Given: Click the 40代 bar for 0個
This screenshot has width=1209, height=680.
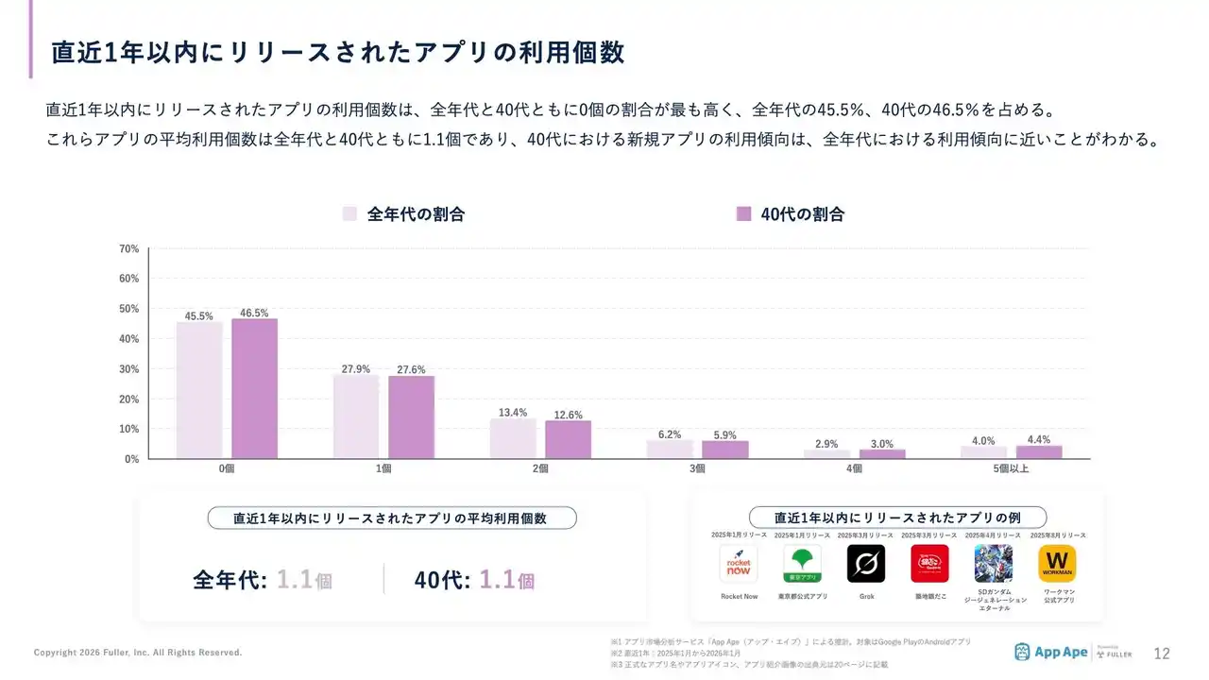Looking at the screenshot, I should [255, 388].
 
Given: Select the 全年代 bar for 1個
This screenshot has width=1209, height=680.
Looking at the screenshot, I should [356, 416].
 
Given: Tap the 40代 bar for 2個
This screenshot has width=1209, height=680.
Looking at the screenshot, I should [568, 439].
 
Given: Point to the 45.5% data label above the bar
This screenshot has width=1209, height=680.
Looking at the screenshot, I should [199, 316].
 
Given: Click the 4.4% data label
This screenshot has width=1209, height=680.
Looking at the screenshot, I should [1039, 440].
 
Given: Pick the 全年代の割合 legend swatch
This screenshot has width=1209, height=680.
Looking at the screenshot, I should [349, 214].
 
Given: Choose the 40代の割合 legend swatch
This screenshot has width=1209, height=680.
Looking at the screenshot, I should [743, 214].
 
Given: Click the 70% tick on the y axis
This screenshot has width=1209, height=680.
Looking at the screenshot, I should [129, 249].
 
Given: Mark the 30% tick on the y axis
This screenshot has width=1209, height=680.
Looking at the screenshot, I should [129, 369].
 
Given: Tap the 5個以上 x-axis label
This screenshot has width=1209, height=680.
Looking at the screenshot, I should [1011, 468].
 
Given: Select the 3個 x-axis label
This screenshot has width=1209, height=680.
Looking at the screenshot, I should [697, 468].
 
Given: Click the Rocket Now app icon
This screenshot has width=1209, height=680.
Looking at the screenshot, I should [739, 564].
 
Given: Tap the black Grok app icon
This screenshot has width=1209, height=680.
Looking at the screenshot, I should [866, 564].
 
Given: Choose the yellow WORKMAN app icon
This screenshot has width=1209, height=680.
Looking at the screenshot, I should [1057, 564].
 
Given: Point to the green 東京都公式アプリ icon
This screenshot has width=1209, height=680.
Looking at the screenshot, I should [802, 564].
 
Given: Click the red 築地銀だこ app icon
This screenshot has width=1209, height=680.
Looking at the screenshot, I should [929, 564].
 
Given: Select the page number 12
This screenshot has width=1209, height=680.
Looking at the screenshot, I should [1162, 654].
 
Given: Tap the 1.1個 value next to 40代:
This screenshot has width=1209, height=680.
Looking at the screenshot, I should [506, 579].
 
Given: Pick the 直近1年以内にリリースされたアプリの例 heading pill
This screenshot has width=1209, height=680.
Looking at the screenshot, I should [897, 518].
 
